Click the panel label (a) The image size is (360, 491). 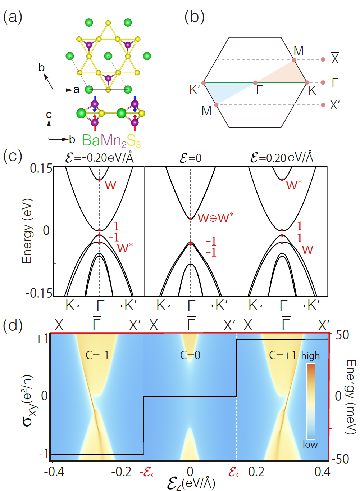[x=13, y=17]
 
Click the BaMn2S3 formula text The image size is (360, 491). [x=111, y=140]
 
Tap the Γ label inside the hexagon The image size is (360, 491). [x=260, y=90]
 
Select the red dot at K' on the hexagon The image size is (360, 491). [x=204, y=83]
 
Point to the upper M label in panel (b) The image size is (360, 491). [x=299, y=51]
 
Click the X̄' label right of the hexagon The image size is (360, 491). [x=334, y=104]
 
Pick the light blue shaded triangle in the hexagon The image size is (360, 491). [x=223, y=91]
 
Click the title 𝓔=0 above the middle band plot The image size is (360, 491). [x=190, y=158]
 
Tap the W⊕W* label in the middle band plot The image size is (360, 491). [x=215, y=218]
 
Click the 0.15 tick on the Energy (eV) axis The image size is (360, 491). [x=41, y=168]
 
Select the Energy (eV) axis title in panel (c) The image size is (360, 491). [x=27, y=231]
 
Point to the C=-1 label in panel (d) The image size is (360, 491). [x=97, y=355]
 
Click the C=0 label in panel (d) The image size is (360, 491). [x=190, y=355]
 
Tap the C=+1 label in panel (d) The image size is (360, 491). [x=282, y=355]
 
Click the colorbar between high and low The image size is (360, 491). [x=311, y=401]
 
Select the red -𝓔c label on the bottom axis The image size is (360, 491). [x=147, y=472]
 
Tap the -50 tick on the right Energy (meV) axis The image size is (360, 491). [x=340, y=459]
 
